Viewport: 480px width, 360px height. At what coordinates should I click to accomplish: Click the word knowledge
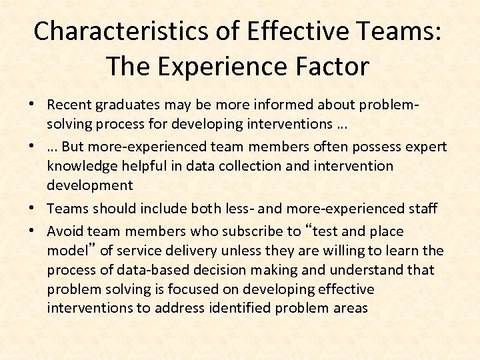pos(77,165)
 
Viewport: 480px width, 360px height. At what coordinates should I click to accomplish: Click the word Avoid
pos(63,231)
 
